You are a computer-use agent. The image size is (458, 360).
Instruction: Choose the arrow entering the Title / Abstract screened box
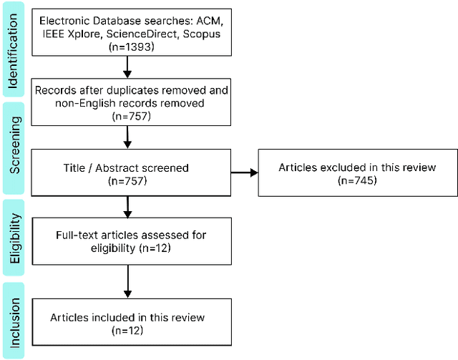click(x=127, y=136)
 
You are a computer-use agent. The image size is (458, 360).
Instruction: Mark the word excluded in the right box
click(x=340, y=168)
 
